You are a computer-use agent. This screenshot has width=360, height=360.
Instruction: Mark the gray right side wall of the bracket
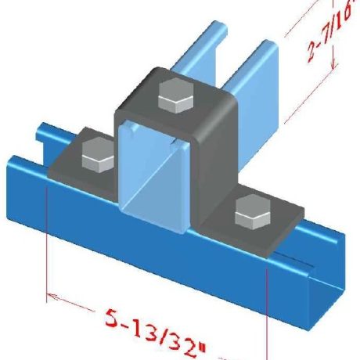(x=215, y=172)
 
